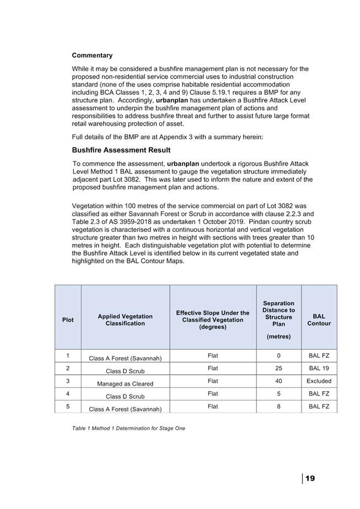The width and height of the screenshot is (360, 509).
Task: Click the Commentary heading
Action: [x=92, y=56]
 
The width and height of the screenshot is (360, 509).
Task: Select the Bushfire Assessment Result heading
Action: [x=121, y=150]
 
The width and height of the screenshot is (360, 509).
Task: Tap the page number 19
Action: [x=310, y=478]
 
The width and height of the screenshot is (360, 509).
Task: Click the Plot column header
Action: [x=68, y=320]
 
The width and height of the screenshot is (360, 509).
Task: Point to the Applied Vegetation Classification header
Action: [x=125, y=320]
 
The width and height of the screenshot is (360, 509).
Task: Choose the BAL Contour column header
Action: [x=319, y=320]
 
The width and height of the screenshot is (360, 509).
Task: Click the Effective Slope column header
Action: [x=212, y=320]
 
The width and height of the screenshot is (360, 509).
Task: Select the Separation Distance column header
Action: [x=278, y=320]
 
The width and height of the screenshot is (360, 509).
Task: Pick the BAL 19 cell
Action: [x=319, y=368]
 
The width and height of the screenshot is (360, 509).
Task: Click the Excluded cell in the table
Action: [x=319, y=381]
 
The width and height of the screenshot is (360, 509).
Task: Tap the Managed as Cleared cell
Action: [x=125, y=383]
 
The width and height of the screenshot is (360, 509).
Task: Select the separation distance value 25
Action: [x=278, y=368]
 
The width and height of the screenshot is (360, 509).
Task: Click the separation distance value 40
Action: [x=278, y=381]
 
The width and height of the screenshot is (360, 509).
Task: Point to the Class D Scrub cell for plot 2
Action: [x=125, y=371]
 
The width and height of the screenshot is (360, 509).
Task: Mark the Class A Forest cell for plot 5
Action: [x=125, y=409]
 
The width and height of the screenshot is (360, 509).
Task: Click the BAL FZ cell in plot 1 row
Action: [x=319, y=356]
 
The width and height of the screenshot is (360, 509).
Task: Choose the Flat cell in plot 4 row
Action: [x=212, y=394]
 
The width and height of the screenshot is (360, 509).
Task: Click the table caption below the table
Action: [x=128, y=428]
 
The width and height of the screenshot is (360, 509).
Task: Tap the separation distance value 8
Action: [x=278, y=407]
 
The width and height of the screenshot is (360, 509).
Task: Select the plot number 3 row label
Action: [x=68, y=381]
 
